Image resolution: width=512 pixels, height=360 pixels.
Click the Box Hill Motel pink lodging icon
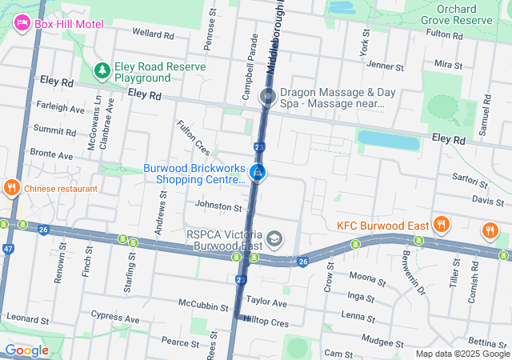tap(22, 23)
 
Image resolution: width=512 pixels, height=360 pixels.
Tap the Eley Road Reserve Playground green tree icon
tap(102, 71)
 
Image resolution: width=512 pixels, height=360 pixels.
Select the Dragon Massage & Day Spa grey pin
tap(268, 98)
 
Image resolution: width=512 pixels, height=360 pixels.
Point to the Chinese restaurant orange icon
tap(11, 189)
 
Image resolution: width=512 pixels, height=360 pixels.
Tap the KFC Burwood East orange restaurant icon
tap(440, 226)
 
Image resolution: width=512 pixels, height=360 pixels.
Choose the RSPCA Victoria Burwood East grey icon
tap(274, 238)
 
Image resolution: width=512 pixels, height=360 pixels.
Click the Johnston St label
tap(218, 207)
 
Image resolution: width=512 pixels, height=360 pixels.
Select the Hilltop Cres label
tap(267, 321)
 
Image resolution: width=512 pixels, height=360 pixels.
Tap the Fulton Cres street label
tap(193, 138)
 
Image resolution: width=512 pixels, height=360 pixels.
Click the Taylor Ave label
tap(266, 303)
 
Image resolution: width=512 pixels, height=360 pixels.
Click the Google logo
tap(26, 350)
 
